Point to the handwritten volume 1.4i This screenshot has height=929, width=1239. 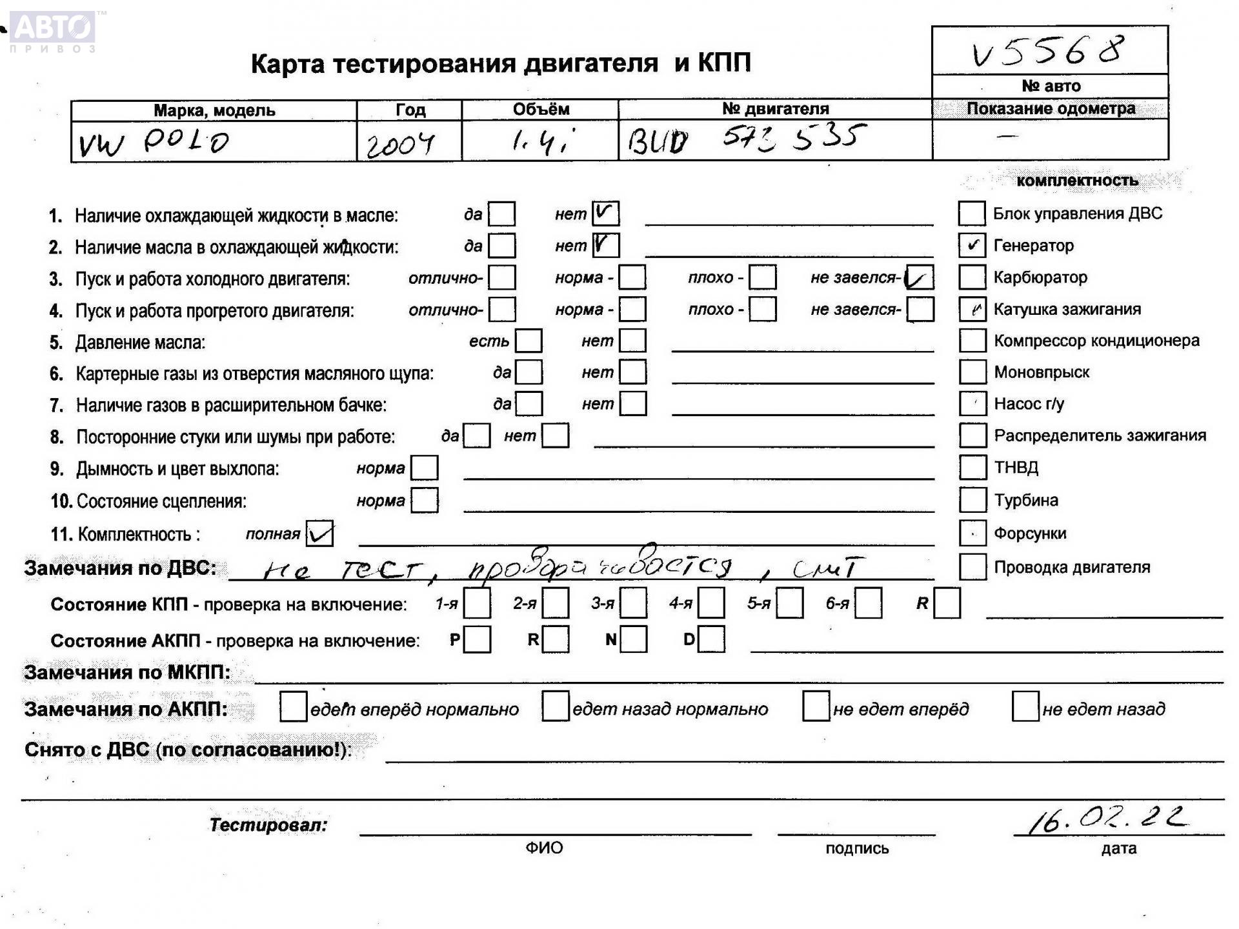(541, 141)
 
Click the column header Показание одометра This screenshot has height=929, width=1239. (1051, 108)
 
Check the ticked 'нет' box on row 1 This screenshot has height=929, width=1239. (605, 213)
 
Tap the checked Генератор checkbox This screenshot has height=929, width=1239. (972, 245)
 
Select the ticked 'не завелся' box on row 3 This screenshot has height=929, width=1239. (919, 277)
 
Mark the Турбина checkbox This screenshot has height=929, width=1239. (972, 500)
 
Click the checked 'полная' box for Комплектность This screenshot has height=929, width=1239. (320, 534)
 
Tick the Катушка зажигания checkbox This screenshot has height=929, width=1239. (972, 309)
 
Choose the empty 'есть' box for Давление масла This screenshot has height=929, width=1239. (529, 341)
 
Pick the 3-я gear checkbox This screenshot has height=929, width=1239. (633, 604)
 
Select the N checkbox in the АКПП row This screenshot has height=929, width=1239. (633, 639)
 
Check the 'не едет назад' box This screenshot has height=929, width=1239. (1025, 707)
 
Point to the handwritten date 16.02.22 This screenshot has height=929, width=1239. (1106, 819)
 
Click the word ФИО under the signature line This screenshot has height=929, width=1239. (544, 848)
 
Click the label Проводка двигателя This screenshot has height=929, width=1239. (1072, 568)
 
